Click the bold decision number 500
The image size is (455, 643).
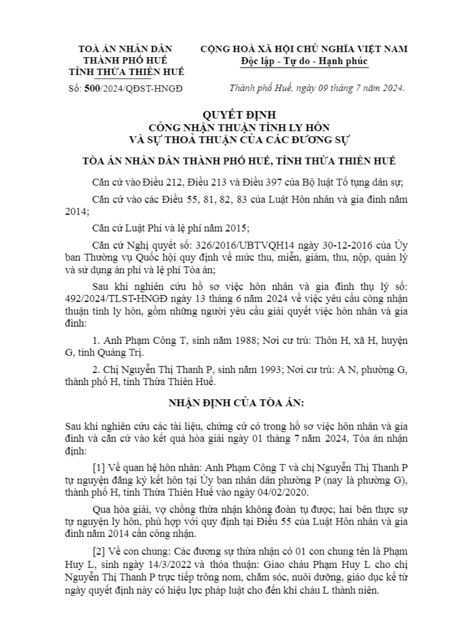coord(92,89)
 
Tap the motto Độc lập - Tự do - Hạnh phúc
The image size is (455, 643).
coord(304,61)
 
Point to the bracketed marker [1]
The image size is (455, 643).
coord(99,467)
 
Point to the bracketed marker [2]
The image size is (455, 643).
coord(99,552)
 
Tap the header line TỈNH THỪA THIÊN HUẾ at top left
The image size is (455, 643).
coord(126,72)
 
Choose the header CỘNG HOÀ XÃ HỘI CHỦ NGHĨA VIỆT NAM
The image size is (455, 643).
coord(304,49)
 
